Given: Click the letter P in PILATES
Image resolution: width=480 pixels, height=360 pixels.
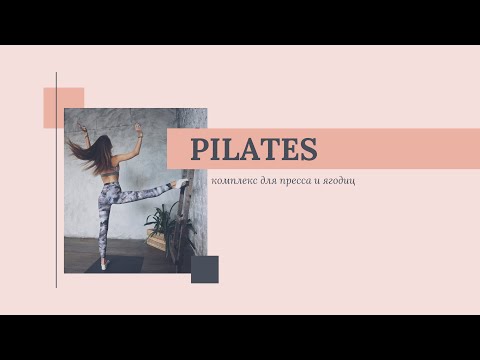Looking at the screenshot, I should [199, 150].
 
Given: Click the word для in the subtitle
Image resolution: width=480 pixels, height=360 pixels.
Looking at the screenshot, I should [272, 181].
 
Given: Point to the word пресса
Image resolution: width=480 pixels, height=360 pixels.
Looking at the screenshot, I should [302, 181].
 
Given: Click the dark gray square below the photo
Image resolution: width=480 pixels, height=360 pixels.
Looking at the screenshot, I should [205, 269].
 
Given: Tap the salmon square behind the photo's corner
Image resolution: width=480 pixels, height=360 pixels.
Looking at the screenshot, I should [56, 100].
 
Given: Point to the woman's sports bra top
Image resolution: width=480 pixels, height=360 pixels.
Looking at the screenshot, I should [110, 175].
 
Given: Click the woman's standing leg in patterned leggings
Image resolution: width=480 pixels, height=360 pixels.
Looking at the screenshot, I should [105, 225].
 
